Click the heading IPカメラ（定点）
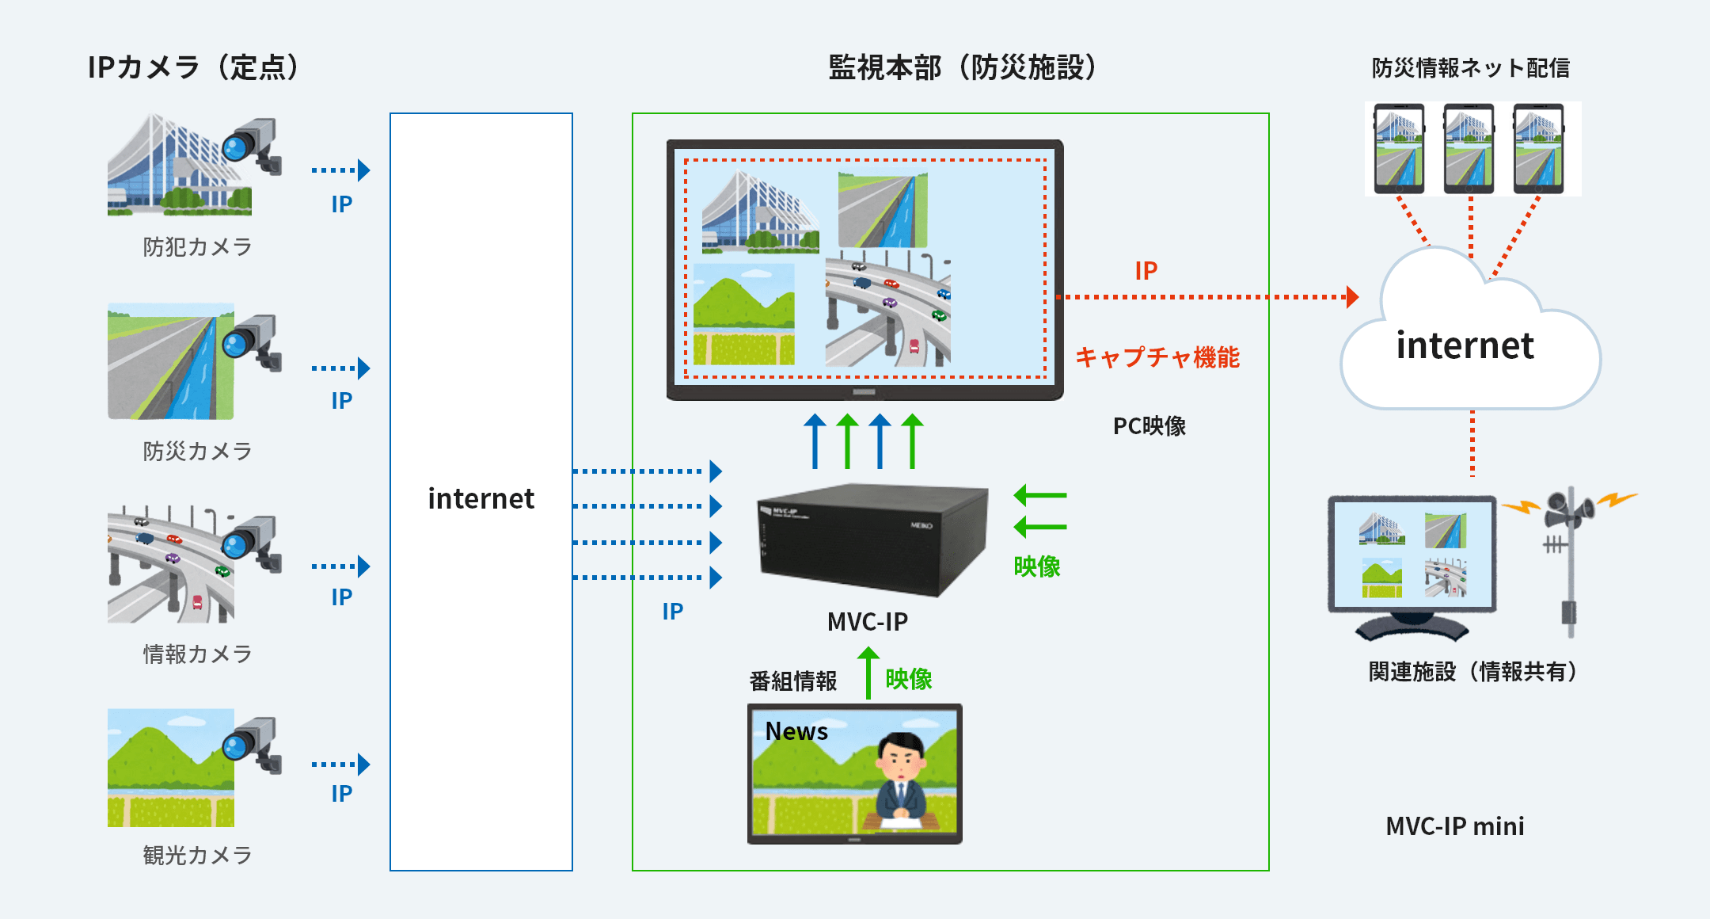(196, 67)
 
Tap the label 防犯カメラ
(197, 247)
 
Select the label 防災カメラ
(197, 452)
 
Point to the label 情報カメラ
(197, 654)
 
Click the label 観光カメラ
(197, 856)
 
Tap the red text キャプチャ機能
(1157, 357)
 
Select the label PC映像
(1149, 426)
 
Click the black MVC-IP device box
(872, 539)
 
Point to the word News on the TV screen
(796, 731)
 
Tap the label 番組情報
(793, 681)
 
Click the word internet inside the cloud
(1465, 345)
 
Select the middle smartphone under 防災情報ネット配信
(1469, 149)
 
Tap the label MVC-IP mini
(1455, 826)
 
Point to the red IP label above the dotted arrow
(1146, 271)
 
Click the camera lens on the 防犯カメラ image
(236, 147)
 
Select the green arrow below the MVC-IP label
(868, 673)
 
